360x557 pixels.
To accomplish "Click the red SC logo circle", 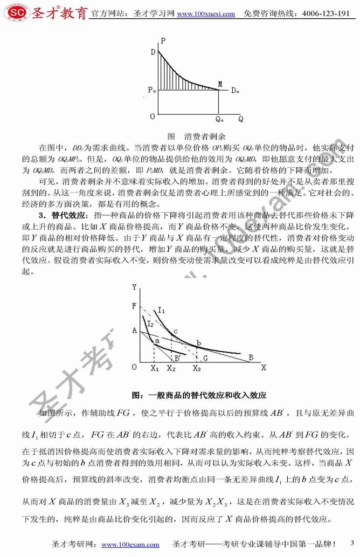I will click(x=11, y=11).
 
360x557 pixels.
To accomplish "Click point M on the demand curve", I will click(x=219, y=84).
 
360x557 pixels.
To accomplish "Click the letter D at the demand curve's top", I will click(x=154, y=52).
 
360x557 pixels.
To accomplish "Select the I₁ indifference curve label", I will click(x=162, y=310).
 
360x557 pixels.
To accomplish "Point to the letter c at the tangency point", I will click(x=175, y=331).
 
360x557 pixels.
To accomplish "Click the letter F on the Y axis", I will click(x=134, y=306).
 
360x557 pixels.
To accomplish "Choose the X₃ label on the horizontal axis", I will click(x=196, y=368).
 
